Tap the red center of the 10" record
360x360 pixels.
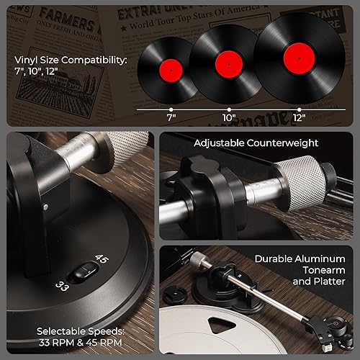pos(227,63)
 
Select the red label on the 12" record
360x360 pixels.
pos(295,56)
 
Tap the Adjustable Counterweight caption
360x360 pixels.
pos(256,143)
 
